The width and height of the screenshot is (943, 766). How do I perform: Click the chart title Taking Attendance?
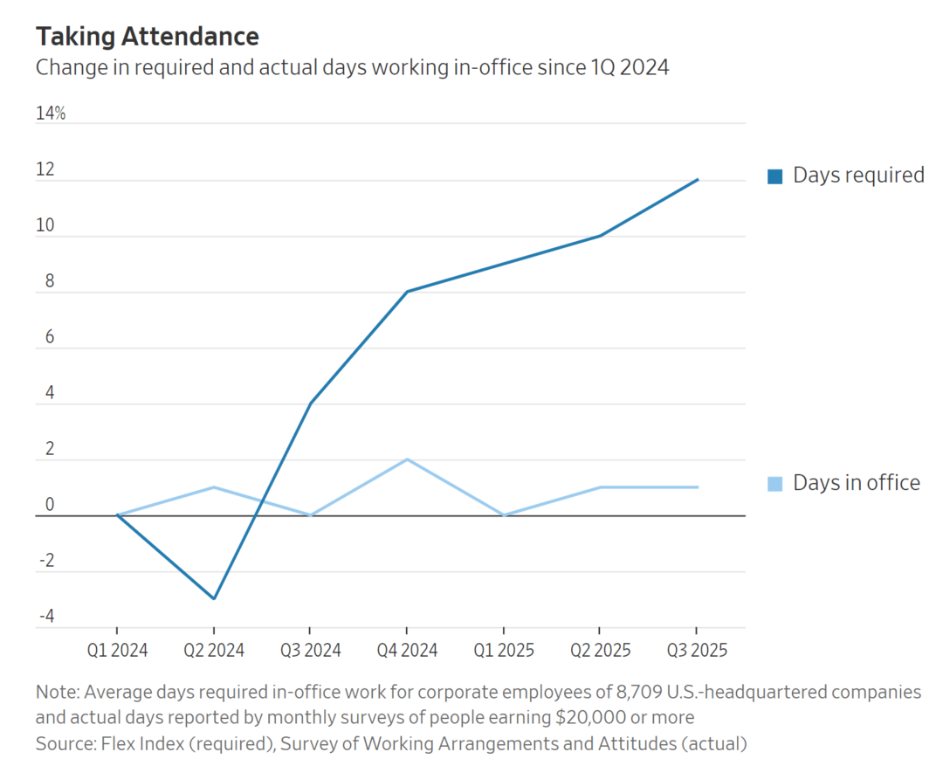point(147,37)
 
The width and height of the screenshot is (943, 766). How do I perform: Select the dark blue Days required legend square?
point(774,176)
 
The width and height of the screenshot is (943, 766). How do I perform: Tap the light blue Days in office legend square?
point(774,483)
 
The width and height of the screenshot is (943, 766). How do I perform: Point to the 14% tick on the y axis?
point(51,114)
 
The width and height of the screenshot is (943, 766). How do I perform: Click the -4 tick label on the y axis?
point(45,617)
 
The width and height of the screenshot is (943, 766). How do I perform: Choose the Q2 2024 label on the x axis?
point(213,651)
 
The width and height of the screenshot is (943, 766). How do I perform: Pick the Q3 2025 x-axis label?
point(696,651)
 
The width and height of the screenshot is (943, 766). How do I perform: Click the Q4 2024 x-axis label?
point(406,651)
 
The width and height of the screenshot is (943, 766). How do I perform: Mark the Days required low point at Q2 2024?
point(213,598)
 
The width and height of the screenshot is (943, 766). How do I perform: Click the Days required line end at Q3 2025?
point(697,180)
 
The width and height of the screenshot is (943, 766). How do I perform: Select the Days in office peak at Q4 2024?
point(407,459)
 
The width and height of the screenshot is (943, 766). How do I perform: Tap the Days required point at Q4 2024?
point(407,292)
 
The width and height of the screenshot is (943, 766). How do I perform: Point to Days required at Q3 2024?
point(310,404)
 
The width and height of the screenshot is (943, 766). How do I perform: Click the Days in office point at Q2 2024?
point(213,487)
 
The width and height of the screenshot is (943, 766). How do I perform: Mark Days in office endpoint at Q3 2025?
point(697,487)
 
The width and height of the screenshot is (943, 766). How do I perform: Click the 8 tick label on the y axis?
point(50,281)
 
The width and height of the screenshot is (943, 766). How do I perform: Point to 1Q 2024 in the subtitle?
point(629,67)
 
